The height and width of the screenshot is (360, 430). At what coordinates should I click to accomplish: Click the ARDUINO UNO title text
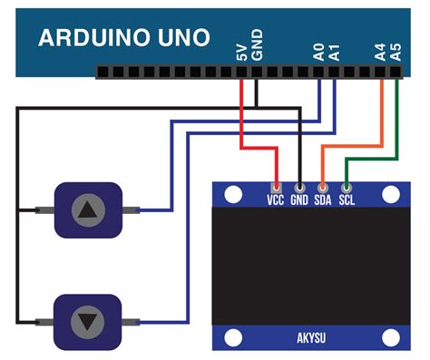pyautogui.click(x=123, y=38)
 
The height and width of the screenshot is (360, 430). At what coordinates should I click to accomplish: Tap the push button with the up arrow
pyautogui.click(x=88, y=210)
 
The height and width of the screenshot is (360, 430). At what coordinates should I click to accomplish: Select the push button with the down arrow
pyautogui.click(x=88, y=321)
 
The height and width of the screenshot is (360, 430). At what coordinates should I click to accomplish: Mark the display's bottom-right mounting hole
pyautogui.click(x=391, y=339)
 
